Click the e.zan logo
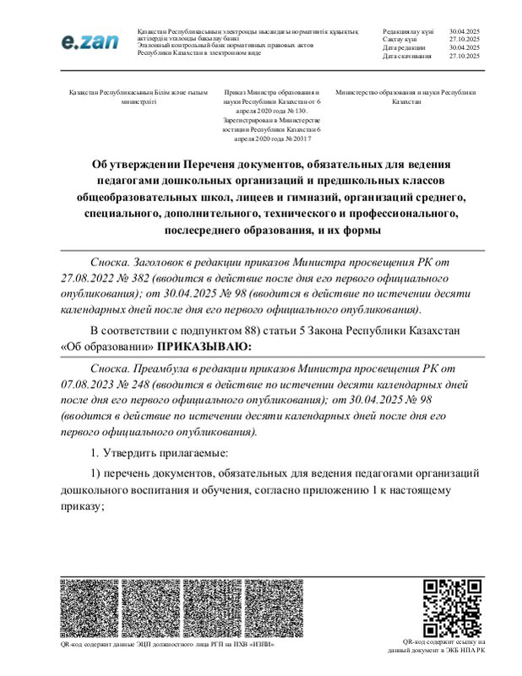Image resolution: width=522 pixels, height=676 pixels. (x=88, y=41)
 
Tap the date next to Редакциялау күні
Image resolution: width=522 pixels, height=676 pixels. (x=465, y=30)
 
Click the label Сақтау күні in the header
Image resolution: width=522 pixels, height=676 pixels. (x=400, y=38)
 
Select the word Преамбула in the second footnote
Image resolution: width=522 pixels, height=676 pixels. (x=170, y=370)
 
